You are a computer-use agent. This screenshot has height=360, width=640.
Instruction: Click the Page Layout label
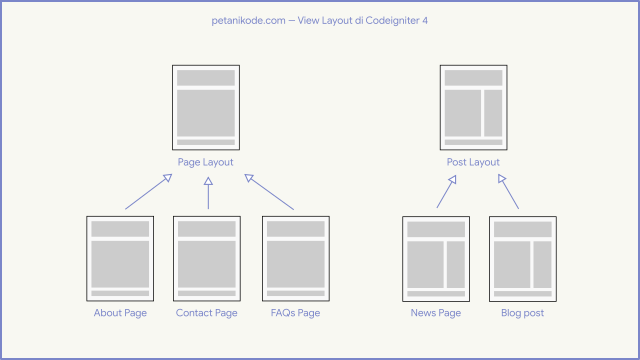tap(206, 162)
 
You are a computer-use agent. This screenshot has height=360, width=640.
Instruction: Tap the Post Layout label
tap(473, 162)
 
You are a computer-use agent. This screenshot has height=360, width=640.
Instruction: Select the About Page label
tap(120, 313)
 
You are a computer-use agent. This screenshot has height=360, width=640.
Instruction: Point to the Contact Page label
tap(207, 313)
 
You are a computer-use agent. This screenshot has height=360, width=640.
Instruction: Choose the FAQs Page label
tap(295, 313)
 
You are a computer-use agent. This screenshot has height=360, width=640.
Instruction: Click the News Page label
tap(436, 313)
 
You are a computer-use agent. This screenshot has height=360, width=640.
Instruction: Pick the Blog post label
tap(522, 313)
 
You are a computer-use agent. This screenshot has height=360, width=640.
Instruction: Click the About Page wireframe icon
tap(120, 258)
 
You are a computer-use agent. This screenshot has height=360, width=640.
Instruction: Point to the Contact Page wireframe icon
tap(207, 258)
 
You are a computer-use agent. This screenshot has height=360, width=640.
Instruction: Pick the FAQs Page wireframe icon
tap(295, 258)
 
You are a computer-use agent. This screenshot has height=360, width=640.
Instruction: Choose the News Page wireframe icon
tap(436, 258)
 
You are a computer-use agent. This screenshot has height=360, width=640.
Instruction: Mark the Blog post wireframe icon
tap(523, 258)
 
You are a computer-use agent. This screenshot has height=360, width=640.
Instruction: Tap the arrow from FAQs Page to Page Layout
tap(270, 192)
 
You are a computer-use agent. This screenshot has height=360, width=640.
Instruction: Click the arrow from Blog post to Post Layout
tap(508, 191)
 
